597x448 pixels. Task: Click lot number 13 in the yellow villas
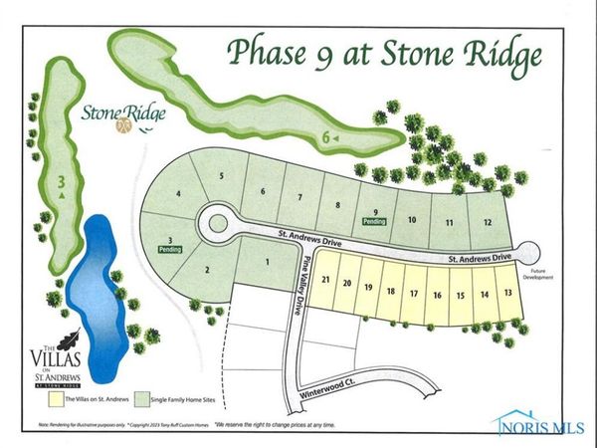(x=508, y=293)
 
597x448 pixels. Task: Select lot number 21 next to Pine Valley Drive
(x=325, y=282)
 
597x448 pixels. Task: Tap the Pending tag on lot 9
(x=375, y=222)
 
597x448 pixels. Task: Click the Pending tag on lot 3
(x=170, y=249)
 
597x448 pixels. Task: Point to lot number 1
(x=267, y=261)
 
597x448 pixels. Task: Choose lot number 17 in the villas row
(x=414, y=294)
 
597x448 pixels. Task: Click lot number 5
(x=223, y=176)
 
